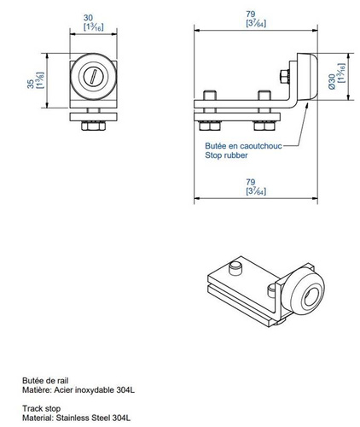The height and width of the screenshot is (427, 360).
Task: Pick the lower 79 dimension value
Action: [x=249, y=181]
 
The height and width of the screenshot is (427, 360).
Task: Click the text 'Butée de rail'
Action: [x=44, y=380]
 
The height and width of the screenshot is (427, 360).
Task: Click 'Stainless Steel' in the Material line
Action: [x=88, y=418]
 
